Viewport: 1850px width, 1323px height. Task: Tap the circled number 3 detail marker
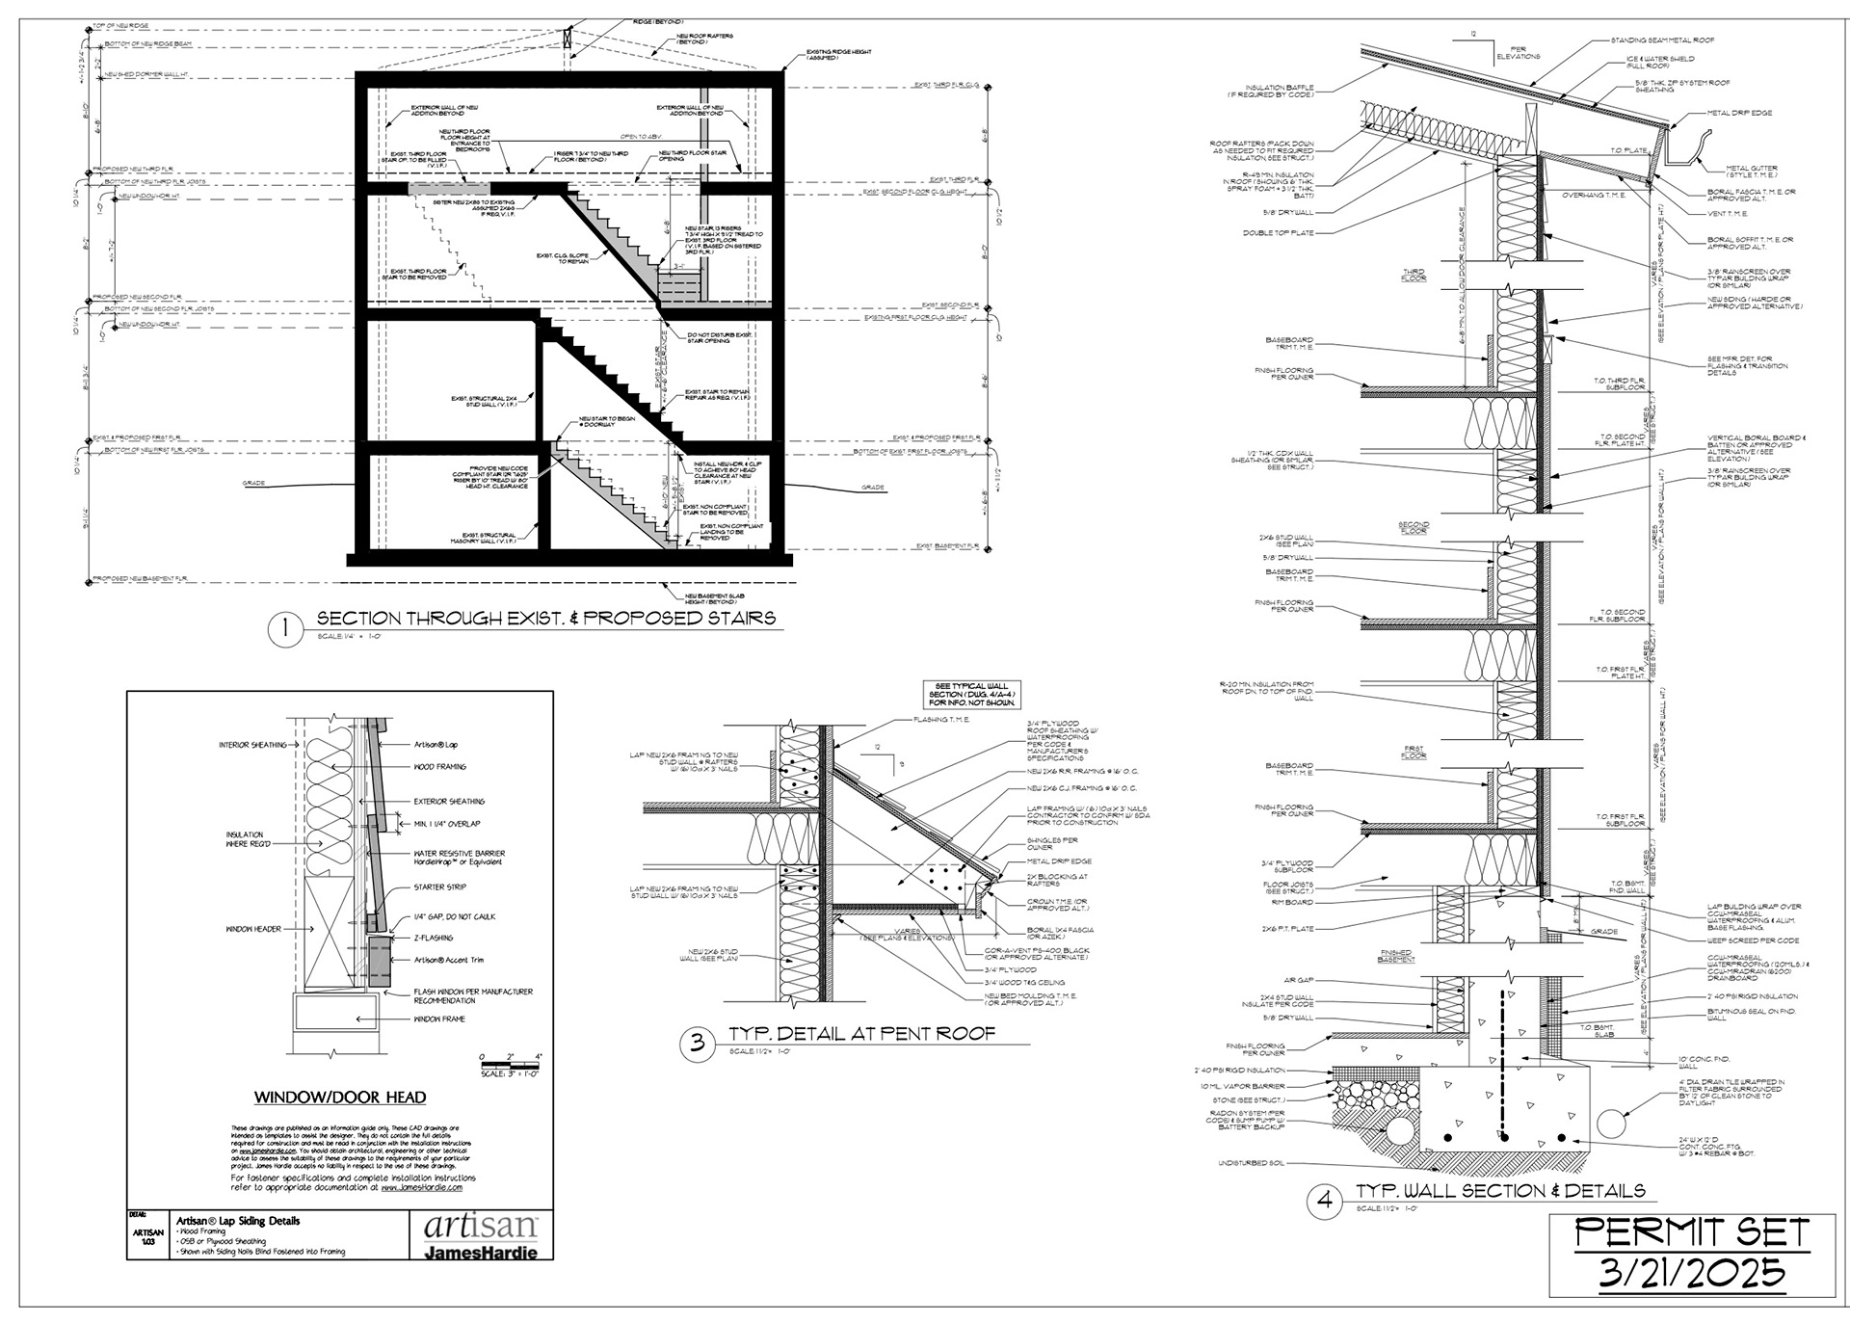[x=698, y=1043]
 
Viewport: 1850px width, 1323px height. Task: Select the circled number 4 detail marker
[x=1325, y=1201]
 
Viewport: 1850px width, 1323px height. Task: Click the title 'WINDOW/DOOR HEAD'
[x=340, y=1097]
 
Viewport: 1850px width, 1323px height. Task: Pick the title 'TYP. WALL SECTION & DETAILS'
[x=1500, y=1191]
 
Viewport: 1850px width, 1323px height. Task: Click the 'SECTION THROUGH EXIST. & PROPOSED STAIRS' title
[x=545, y=618]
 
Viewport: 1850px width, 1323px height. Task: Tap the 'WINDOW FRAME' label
[x=439, y=1019]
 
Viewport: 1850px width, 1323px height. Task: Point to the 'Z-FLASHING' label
[x=433, y=938]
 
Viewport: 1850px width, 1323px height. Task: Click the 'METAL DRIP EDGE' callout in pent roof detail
[x=1059, y=861]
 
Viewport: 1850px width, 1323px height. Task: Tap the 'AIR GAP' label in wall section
[x=1297, y=981]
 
